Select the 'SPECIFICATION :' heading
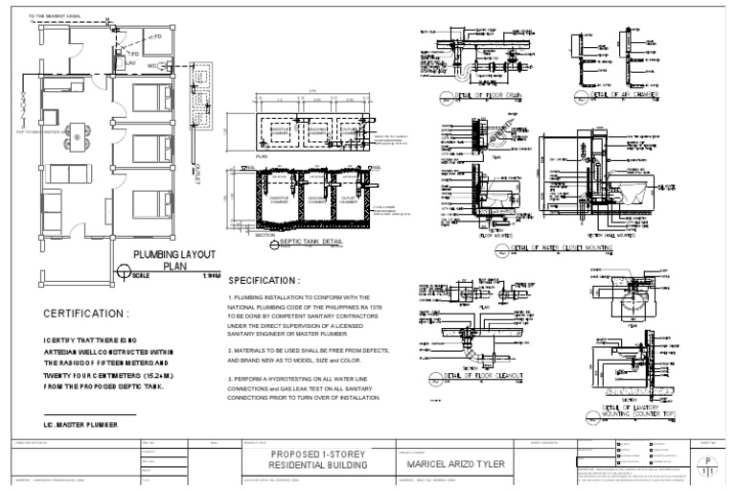click(264, 281)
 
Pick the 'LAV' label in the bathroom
click(133, 64)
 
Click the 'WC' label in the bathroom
click(152, 65)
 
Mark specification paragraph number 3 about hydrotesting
click(305, 388)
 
